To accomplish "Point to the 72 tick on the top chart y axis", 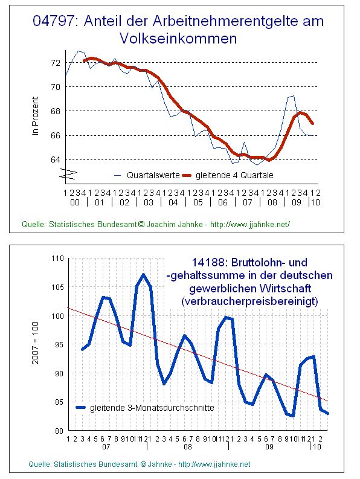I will (55, 63).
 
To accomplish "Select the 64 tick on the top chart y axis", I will (55, 159).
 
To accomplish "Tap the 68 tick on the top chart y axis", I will (55, 111).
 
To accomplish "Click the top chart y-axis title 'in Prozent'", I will (35, 115).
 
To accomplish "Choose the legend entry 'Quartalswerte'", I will (152, 175).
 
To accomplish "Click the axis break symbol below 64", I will (66, 175).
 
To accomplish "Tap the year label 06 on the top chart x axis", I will (223, 203).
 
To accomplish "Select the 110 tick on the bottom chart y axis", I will (57, 259).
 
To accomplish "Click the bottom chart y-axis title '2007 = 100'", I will (35, 344).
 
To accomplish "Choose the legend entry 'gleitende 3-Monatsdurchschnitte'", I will (151, 408).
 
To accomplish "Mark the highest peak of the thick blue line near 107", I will (143, 275).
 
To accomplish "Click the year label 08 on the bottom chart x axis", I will (187, 448).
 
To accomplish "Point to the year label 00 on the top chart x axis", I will (74, 203).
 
